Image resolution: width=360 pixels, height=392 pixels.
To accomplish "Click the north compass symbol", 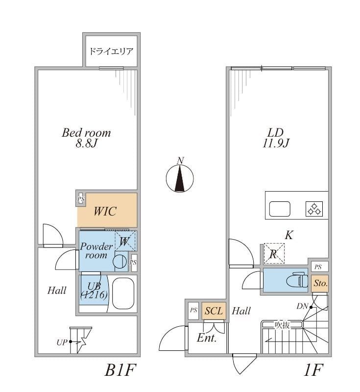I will [180, 177].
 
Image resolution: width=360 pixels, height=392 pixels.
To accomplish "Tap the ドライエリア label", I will [111, 51].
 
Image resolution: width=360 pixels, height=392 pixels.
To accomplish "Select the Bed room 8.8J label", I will [86, 138].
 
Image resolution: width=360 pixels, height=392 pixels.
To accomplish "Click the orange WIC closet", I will [106, 211].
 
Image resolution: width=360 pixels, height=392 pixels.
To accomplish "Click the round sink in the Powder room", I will [120, 261].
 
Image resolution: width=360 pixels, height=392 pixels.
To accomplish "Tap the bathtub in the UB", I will [123, 294].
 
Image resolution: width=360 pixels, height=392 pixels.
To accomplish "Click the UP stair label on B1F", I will [62, 342].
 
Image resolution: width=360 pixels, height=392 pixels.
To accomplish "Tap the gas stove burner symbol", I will [314, 209].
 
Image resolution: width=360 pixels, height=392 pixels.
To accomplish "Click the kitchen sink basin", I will [280, 209].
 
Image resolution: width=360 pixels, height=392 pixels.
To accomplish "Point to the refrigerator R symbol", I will [273, 254].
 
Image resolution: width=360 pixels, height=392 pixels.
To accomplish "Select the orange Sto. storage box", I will [320, 283].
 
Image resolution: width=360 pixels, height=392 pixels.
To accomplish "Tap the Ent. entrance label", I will [207, 338].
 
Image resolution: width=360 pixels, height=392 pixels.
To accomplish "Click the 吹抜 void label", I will [282, 324].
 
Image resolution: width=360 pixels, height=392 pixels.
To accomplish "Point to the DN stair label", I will [302, 307].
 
